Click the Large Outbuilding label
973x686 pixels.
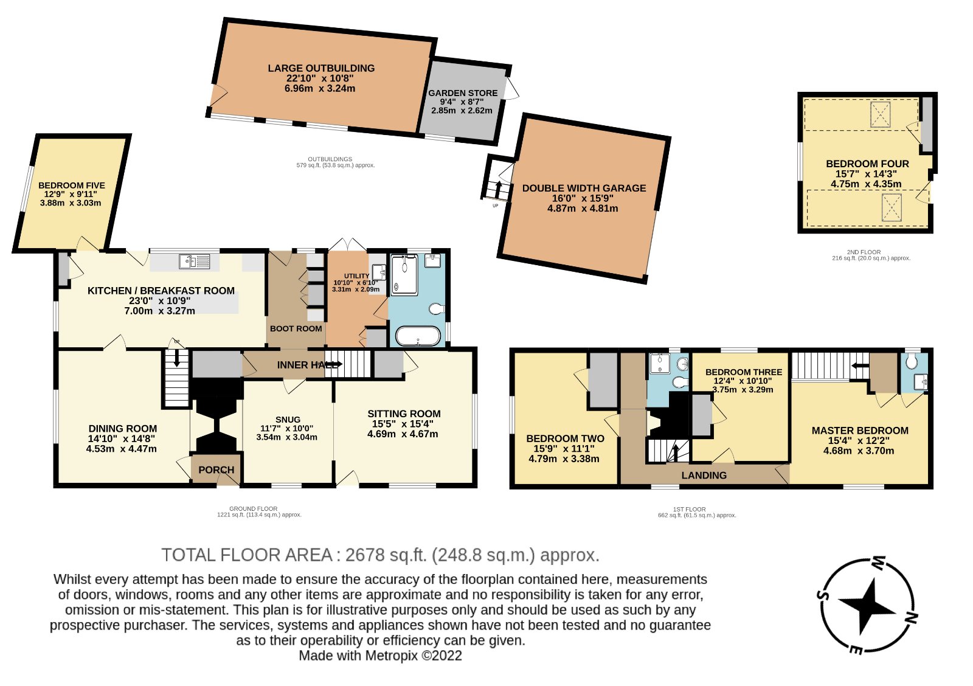[321, 68]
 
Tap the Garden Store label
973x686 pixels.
[463, 93]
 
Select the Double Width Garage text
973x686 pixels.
[584, 189]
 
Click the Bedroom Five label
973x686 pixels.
[72, 185]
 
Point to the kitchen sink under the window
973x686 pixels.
[195, 262]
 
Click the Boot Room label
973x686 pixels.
[296, 328]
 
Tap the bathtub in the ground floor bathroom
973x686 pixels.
[418, 336]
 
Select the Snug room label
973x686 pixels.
[288, 420]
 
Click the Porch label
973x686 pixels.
[216, 470]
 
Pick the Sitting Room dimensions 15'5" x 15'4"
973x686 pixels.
[403, 424]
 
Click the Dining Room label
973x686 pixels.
[122, 429]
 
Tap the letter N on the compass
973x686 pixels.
[911, 618]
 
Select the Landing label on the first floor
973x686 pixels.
[704, 476]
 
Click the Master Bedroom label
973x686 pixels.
[860, 431]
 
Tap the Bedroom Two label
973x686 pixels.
[565, 438]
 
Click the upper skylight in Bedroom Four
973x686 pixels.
[880, 115]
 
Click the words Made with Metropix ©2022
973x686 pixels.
[380, 656]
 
